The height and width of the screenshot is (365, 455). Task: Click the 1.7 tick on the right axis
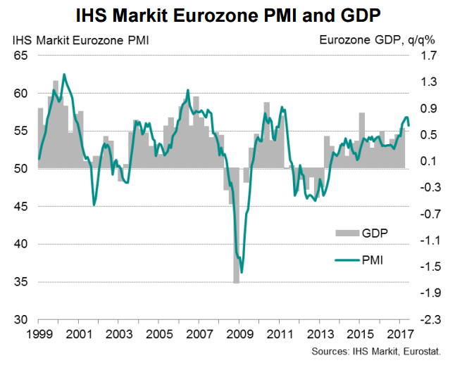point(428,56)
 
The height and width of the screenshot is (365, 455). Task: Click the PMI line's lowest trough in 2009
point(242,273)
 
